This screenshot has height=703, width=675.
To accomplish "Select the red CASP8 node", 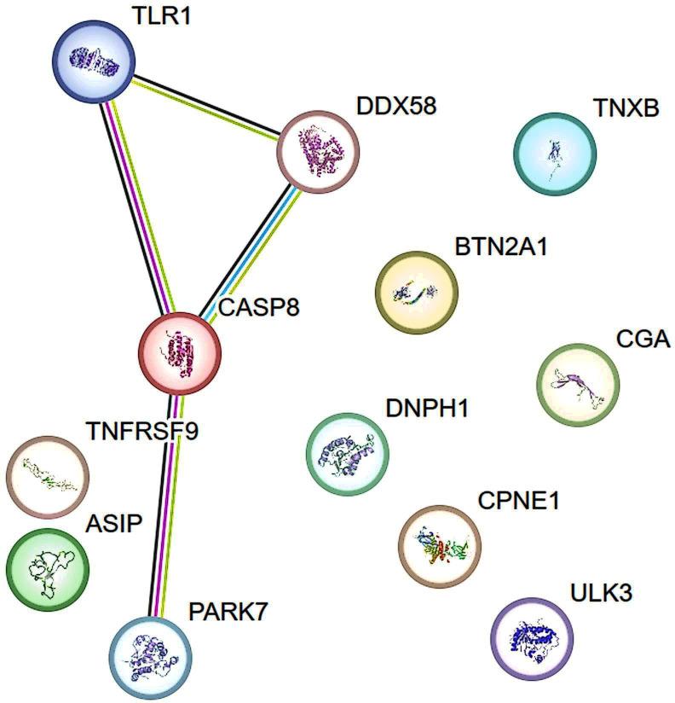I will [180, 351].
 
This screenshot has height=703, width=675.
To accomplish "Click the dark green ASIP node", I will [48, 567].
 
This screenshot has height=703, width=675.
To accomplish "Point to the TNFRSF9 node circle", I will [48, 475].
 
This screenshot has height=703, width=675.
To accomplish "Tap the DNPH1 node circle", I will [347, 453].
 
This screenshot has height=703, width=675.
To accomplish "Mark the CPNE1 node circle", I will [440, 546].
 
